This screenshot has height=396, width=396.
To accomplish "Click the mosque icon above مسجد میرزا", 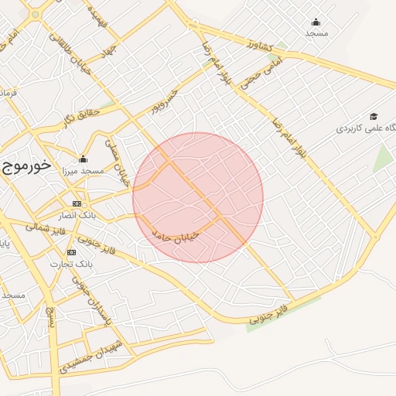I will coord(83,159).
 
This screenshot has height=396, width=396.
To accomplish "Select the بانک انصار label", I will coord(77,216).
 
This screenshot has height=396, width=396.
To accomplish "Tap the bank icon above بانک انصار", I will coord(76,203).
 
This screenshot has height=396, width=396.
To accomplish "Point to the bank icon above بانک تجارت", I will coord(71,252).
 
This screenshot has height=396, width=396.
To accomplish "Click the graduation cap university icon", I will coord(374,116).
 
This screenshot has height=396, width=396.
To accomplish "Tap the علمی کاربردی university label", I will coord(364,128).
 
